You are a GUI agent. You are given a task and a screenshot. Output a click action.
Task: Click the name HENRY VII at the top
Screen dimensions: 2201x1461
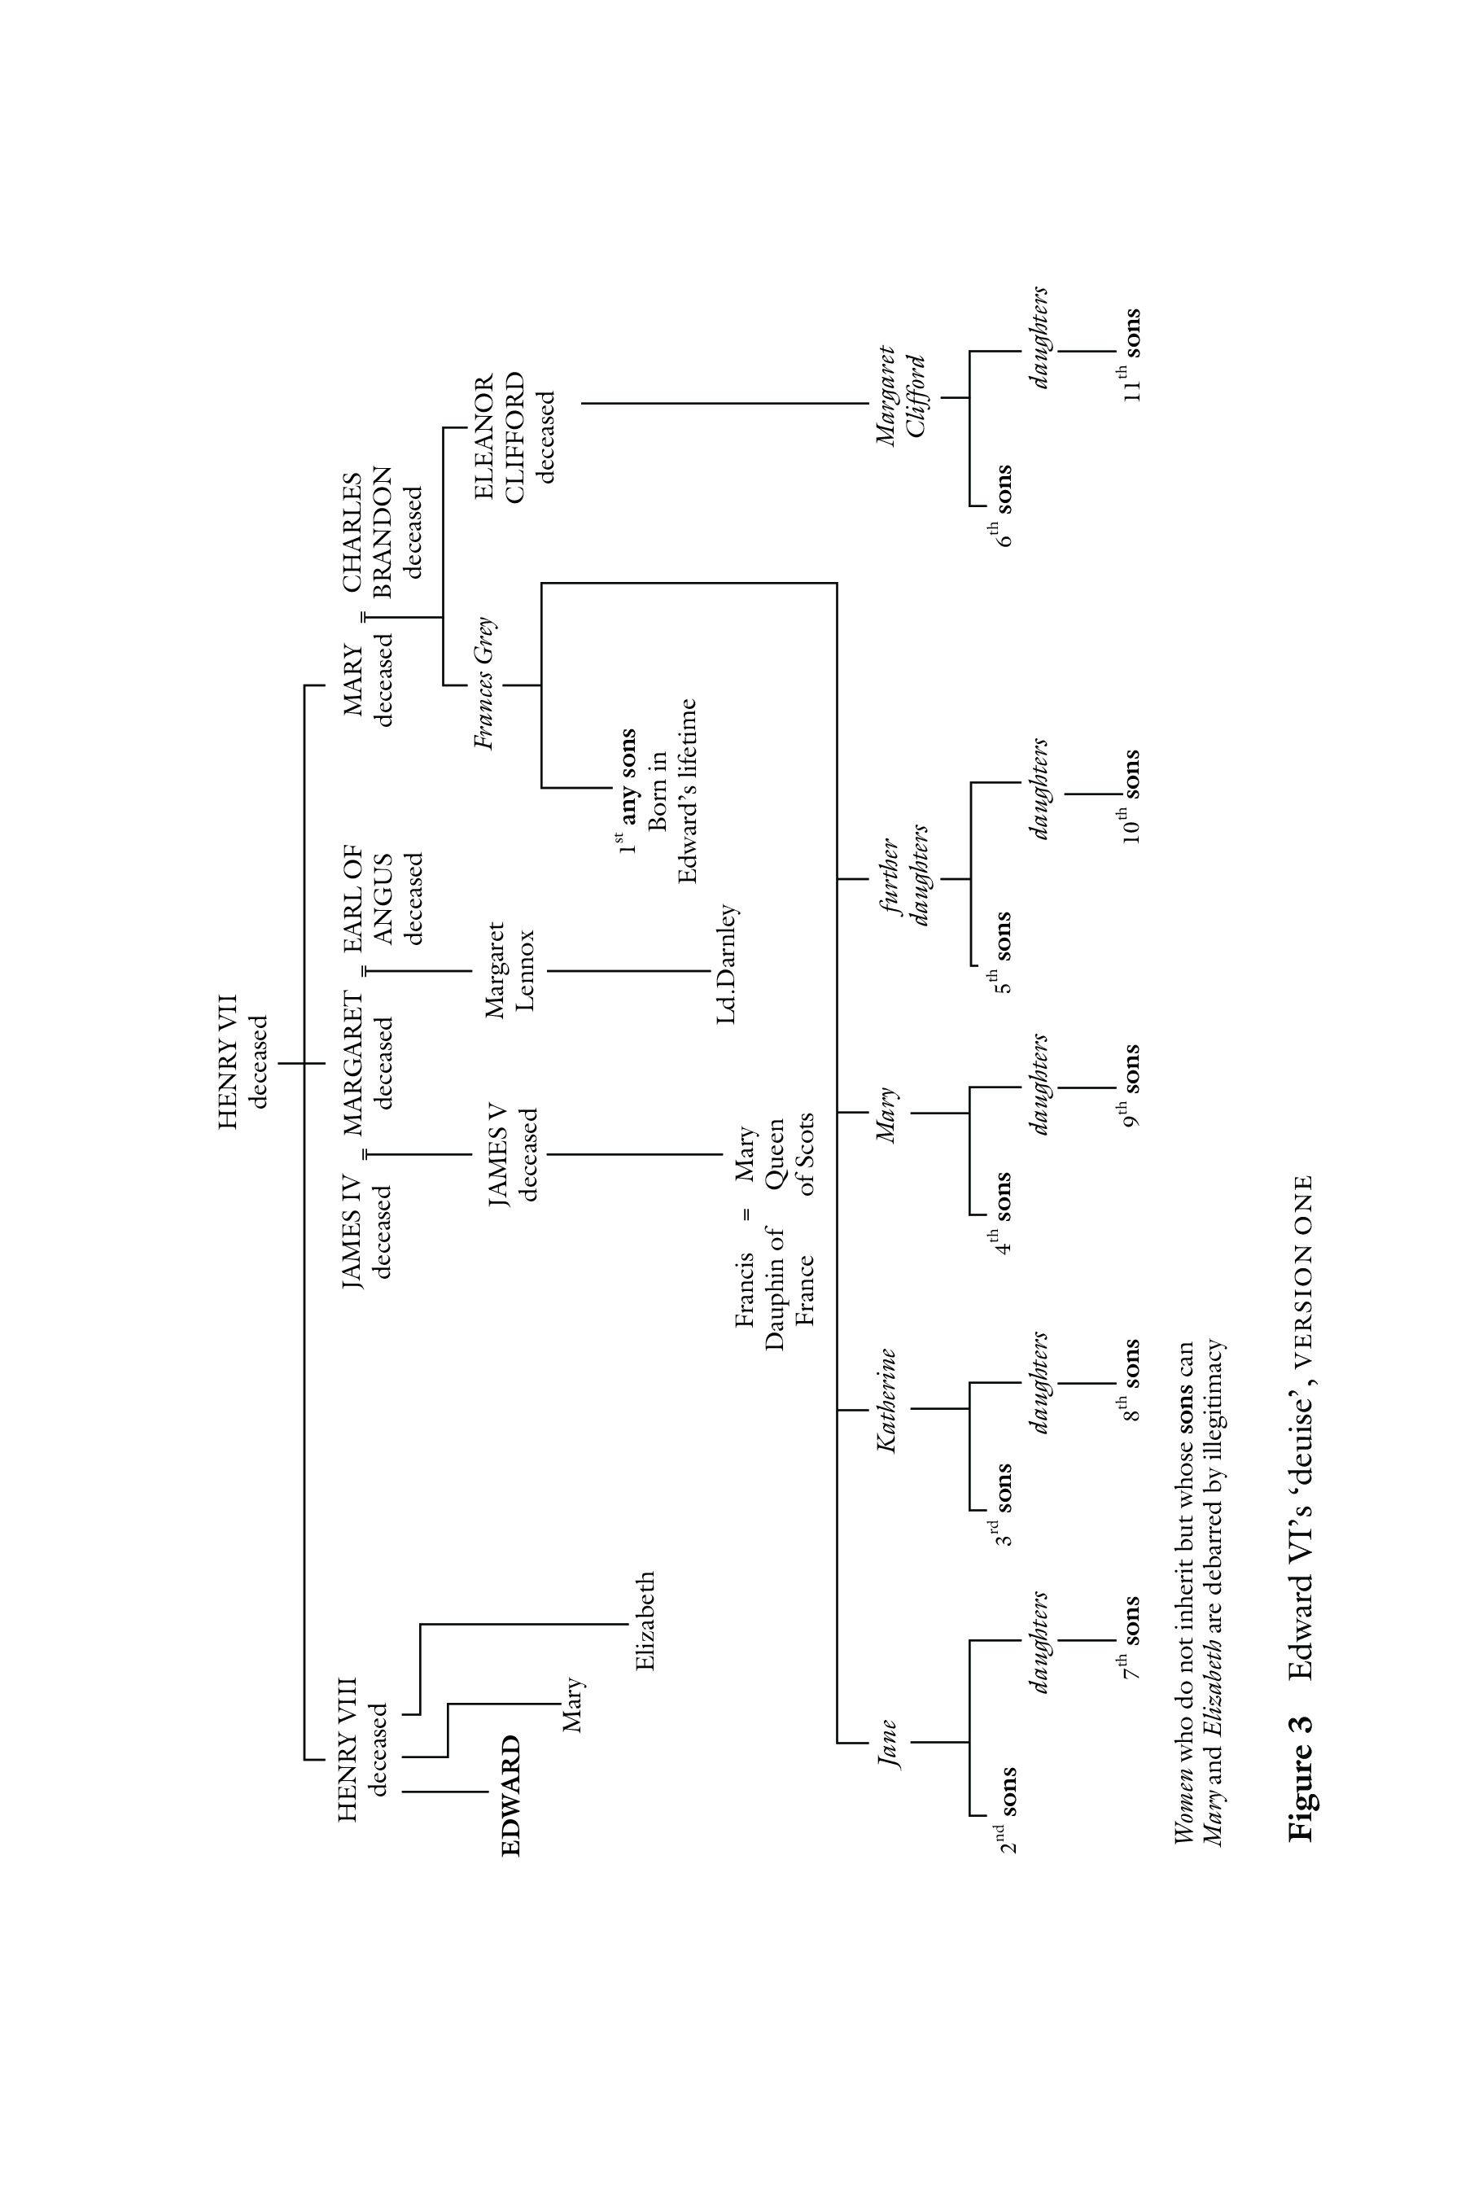[x=230, y=1061]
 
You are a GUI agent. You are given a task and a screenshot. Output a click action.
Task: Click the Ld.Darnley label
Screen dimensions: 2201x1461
[x=727, y=965]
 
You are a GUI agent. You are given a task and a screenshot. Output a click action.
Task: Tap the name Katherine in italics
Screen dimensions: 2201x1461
[x=887, y=1401]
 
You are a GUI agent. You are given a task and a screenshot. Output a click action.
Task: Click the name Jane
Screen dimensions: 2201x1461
[x=888, y=1743]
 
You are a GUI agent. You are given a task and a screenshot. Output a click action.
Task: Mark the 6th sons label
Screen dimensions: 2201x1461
[x=1003, y=505]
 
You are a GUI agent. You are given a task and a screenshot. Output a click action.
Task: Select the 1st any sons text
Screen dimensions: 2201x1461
[x=627, y=790]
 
